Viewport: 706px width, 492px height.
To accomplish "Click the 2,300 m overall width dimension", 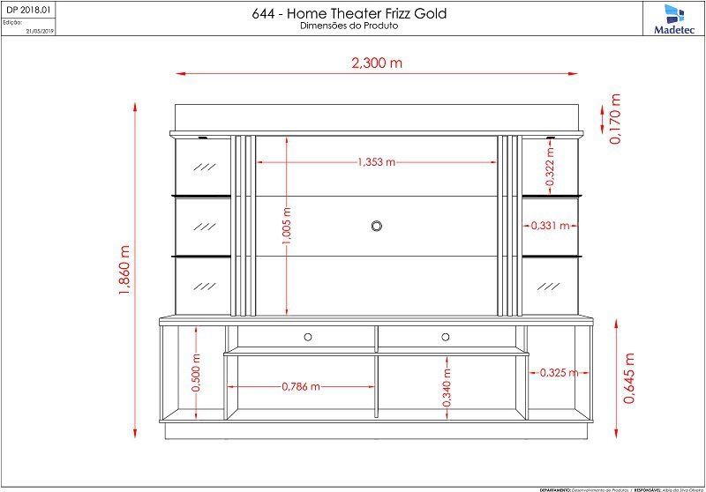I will [377, 63].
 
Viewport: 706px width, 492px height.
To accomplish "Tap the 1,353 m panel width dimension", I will [377, 162].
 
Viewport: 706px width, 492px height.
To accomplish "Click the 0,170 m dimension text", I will [615, 119].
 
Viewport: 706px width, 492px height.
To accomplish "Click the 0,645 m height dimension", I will [629, 377].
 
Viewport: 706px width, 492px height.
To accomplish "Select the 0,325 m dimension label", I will [558, 372].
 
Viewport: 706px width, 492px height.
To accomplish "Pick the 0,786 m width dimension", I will [301, 386].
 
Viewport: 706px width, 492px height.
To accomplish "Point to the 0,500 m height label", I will [196, 374].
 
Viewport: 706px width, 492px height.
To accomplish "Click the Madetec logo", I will [673, 19].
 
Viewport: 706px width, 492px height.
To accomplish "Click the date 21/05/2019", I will [41, 30].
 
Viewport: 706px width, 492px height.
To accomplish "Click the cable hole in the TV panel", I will [377, 226].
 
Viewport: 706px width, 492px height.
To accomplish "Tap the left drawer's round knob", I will [308, 336].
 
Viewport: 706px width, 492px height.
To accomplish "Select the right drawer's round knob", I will [446, 336].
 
